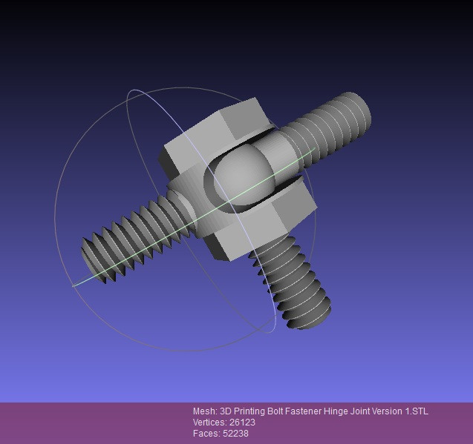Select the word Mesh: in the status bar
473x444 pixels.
pyautogui.click(x=204, y=411)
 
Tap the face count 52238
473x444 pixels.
pyautogui.click(x=235, y=433)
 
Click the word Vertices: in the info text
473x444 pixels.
pyautogui.click(x=211, y=423)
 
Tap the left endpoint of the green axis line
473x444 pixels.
pyautogui.click(x=74, y=285)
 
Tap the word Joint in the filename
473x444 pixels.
pyautogui.click(x=363, y=411)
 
